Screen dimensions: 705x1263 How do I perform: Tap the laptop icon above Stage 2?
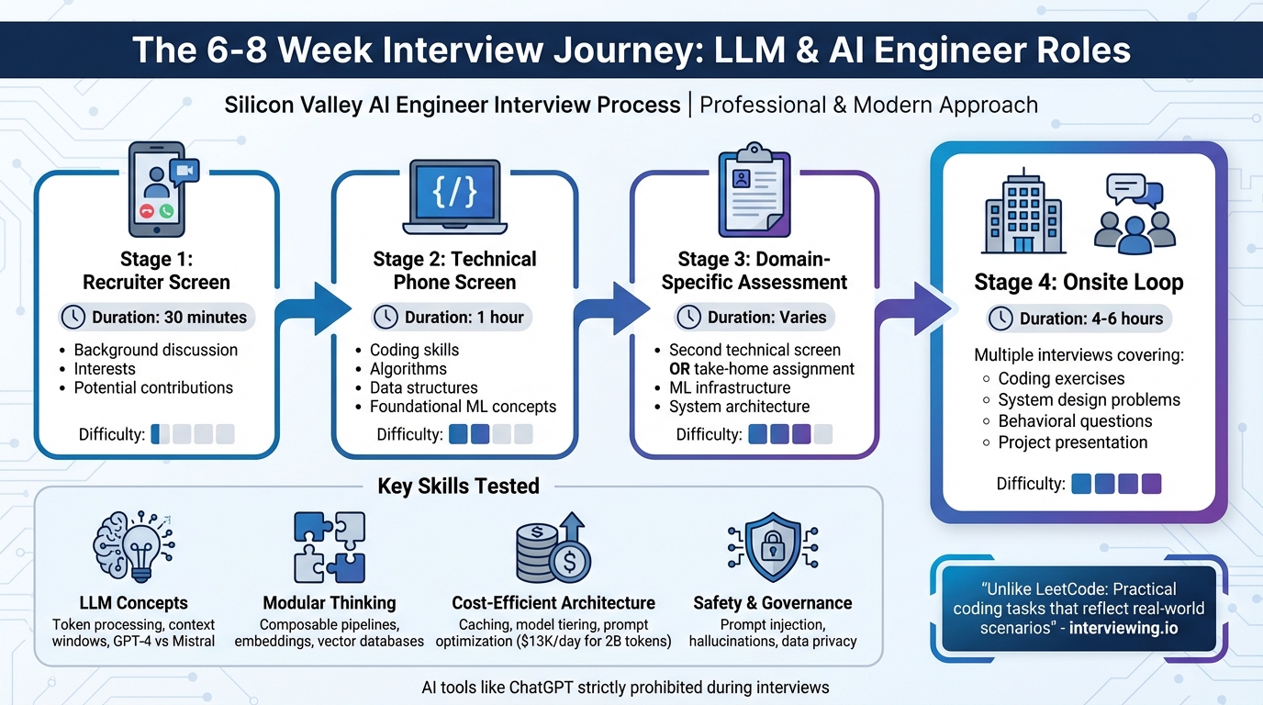point(454,197)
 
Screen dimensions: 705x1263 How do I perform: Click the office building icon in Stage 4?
point(1023,213)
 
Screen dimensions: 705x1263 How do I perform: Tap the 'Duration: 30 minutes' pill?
point(156,318)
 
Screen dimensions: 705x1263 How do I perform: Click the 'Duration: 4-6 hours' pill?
point(1079,319)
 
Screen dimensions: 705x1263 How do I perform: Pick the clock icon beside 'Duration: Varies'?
point(689,318)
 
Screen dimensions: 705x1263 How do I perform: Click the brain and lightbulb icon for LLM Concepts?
point(132,547)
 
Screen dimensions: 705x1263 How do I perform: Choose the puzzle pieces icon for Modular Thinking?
point(330,547)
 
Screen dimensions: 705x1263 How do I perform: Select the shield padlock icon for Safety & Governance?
point(772,547)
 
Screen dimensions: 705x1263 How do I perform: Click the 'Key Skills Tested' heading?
point(458,486)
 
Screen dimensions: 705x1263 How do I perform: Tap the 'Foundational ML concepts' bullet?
point(463,407)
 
